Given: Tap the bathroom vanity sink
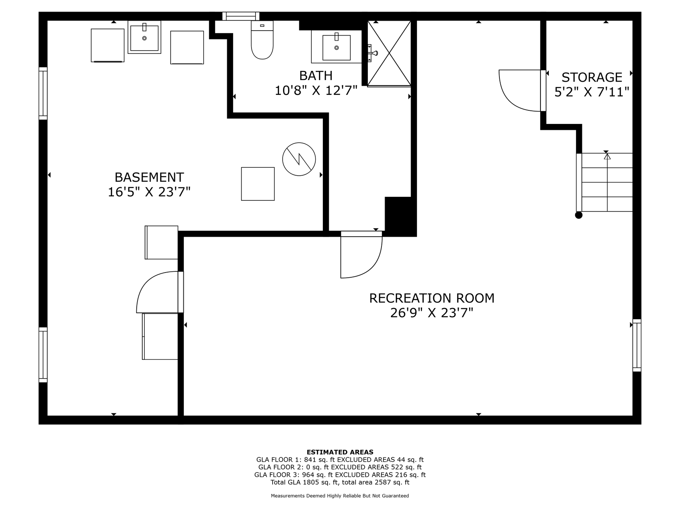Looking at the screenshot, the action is pos(336,47).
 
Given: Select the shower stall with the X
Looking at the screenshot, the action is pos(389,53).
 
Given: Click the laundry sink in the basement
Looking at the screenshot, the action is pos(144,37).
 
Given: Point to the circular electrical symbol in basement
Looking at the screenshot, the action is pos(299,159).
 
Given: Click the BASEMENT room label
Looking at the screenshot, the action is pos(149,177).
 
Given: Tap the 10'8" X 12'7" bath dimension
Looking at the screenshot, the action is pos(316,91).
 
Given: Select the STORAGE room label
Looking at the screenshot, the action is pos(592,77).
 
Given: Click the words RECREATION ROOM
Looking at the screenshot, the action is pos(432,298).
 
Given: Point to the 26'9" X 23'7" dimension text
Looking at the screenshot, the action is pos(432,313).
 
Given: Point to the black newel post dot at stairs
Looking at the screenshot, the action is pos(579,215).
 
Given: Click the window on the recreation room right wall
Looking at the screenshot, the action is pos(637,345).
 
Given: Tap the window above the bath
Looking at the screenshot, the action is pos(241,16).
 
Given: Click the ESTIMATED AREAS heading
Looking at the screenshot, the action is pos(340,452).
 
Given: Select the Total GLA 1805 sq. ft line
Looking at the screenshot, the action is pos(340,483).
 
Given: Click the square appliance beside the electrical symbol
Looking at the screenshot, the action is pos(258,184).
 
